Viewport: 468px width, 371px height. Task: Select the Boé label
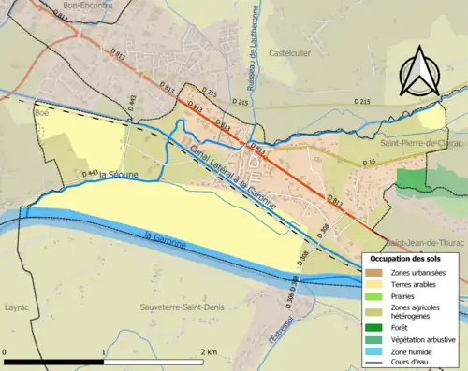(40, 113)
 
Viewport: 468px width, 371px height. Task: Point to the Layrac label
(19, 306)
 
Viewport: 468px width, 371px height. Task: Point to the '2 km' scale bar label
(210, 352)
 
